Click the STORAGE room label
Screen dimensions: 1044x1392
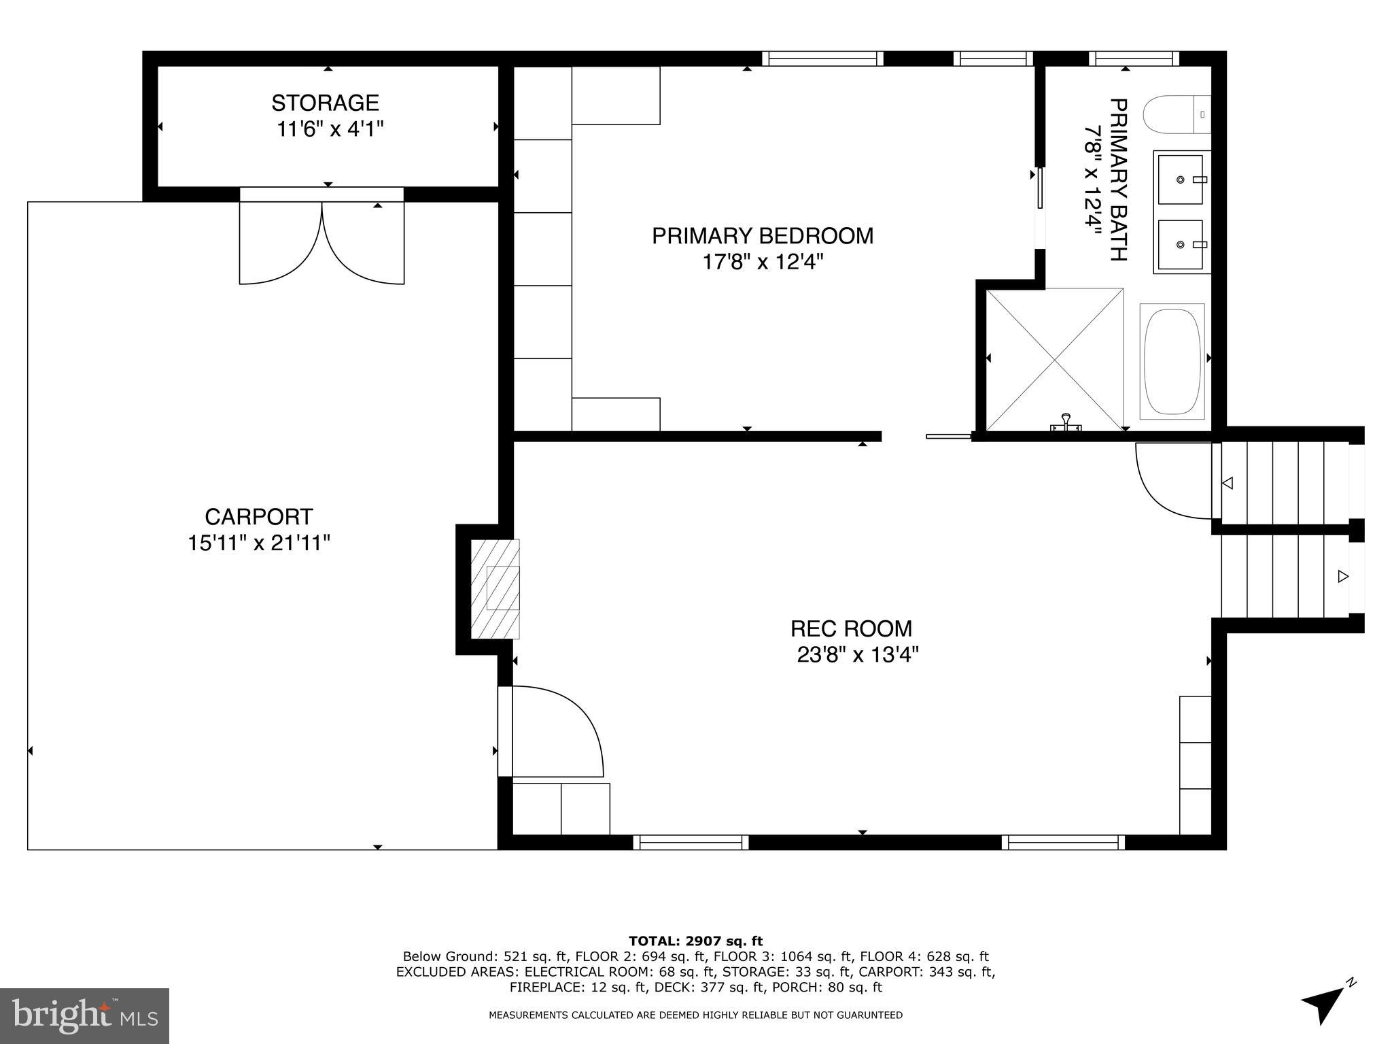pos(325,103)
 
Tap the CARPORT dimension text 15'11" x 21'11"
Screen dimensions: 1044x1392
pos(259,543)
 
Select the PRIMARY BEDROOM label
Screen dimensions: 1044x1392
pos(763,236)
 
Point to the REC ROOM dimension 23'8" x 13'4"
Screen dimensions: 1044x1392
pos(858,655)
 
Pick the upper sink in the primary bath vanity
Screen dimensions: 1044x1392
pos(1181,180)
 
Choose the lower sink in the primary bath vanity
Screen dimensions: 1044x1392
pos(1181,244)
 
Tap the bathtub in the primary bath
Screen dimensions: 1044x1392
pos(1172,361)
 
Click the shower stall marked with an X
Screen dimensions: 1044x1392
pos(1054,359)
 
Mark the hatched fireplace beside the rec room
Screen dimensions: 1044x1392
pos(495,589)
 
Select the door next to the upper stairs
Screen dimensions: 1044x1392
pos(1174,480)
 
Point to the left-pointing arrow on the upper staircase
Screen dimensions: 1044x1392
pos(1228,484)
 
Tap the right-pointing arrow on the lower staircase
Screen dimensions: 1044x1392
pos(1342,577)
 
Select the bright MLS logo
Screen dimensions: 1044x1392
pos(84,1015)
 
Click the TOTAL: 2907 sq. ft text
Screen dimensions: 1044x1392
pos(695,941)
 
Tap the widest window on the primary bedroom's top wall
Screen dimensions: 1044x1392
pos(822,59)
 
